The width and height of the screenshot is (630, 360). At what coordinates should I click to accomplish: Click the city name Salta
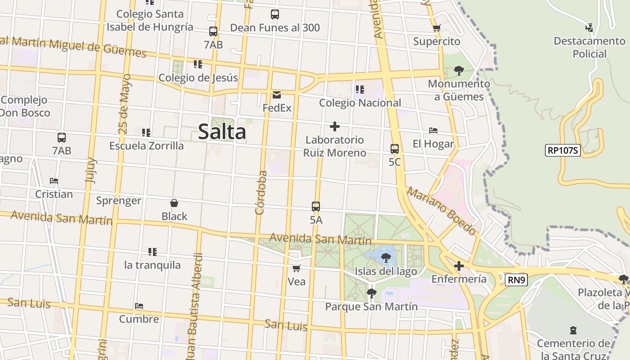click(222, 132)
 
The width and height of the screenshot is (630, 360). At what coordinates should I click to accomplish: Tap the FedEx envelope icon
click(277, 95)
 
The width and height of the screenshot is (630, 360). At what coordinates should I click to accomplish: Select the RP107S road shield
click(563, 150)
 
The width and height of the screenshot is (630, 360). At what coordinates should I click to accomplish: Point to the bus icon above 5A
click(316, 207)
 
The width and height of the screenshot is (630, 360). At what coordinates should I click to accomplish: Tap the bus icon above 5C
click(395, 148)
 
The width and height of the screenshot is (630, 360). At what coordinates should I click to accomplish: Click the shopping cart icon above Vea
click(296, 269)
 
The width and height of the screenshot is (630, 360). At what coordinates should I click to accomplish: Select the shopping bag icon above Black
click(174, 203)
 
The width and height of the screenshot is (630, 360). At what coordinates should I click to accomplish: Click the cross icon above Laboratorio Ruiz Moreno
click(334, 126)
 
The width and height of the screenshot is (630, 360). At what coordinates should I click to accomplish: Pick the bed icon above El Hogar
click(433, 130)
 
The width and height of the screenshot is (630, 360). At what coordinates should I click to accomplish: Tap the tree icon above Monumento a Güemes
click(459, 70)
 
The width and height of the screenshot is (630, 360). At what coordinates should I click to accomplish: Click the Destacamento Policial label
click(589, 47)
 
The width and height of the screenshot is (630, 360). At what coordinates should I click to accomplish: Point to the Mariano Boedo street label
click(441, 211)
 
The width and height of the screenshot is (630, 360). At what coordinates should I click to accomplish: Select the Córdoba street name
click(261, 192)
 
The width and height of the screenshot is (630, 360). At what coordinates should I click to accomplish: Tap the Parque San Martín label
click(371, 306)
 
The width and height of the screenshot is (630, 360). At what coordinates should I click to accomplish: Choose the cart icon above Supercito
click(436, 28)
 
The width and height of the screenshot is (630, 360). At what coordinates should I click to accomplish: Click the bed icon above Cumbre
click(139, 306)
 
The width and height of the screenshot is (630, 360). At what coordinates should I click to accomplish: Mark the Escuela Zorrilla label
click(147, 146)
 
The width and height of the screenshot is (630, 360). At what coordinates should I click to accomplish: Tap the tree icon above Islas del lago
click(386, 258)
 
